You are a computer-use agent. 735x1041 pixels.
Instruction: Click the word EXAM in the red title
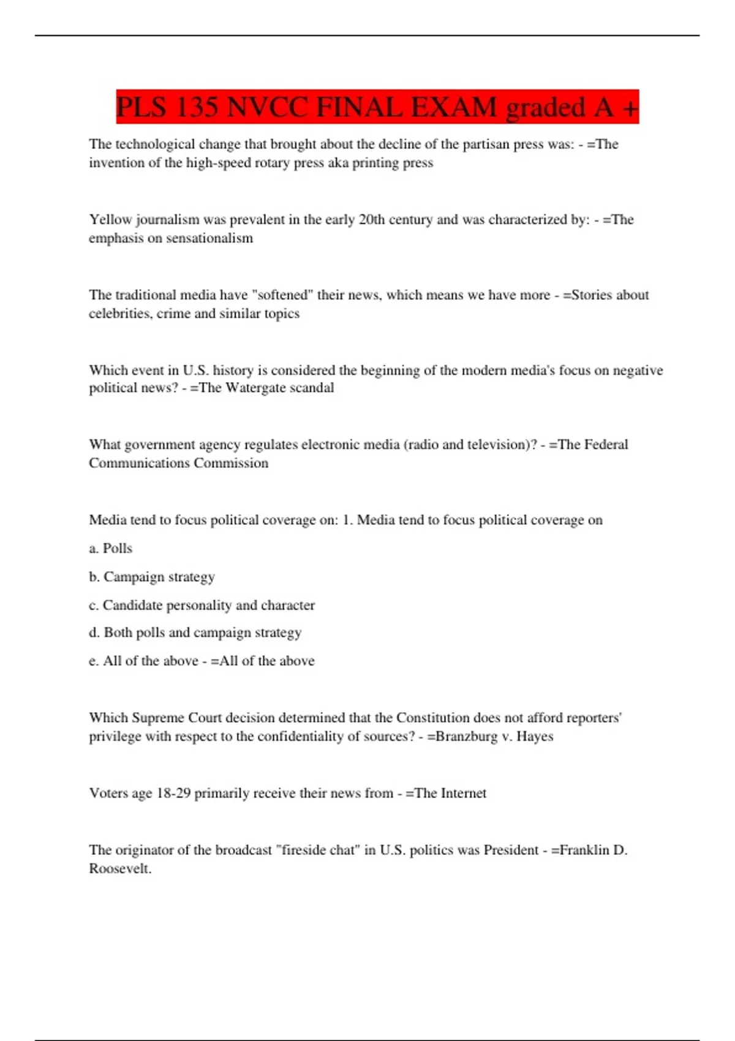(x=454, y=107)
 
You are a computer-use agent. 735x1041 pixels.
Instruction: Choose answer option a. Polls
(x=111, y=548)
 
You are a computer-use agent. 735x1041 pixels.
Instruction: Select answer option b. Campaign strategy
(x=152, y=577)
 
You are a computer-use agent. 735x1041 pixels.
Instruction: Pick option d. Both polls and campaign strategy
(x=195, y=633)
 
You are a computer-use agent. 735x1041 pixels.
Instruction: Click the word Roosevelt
(x=120, y=869)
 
